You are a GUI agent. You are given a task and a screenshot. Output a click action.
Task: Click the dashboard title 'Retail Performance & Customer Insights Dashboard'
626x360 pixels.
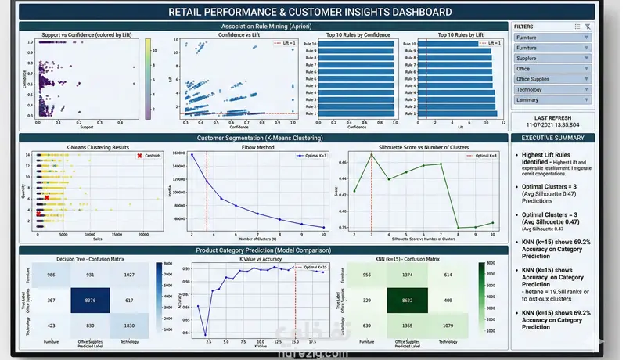point(310,12)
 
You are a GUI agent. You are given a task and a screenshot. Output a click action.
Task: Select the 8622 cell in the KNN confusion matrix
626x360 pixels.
point(410,300)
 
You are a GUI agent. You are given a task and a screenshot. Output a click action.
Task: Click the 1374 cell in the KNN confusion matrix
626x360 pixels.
point(410,275)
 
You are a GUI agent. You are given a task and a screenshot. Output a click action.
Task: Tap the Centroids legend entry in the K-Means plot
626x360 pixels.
point(148,156)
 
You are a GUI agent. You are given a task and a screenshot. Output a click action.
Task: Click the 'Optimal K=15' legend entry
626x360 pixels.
point(308,268)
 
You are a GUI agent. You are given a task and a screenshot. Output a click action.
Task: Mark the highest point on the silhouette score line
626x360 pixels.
point(372,154)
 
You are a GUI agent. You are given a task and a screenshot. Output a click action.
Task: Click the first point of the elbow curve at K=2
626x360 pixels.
point(192,154)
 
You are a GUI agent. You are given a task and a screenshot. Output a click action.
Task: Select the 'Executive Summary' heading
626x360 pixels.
point(552,139)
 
